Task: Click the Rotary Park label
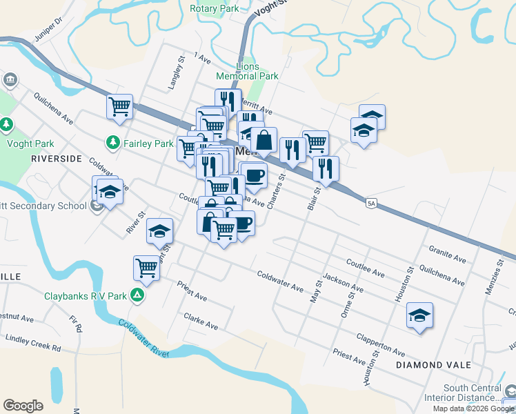pyautogui.click(x=214, y=9)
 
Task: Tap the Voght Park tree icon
pyautogui.click(x=6, y=124)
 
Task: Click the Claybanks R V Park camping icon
pyautogui.click(x=137, y=296)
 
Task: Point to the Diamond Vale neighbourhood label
pyautogui.click(x=433, y=364)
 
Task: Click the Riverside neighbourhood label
pyautogui.click(x=56, y=158)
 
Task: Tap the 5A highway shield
pyautogui.click(x=372, y=203)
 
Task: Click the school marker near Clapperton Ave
pyautogui.click(x=419, y=315)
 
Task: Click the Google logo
pyautogui.click(x=23, y=406)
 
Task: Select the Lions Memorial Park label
pyautogui.click(x=246, y=71)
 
